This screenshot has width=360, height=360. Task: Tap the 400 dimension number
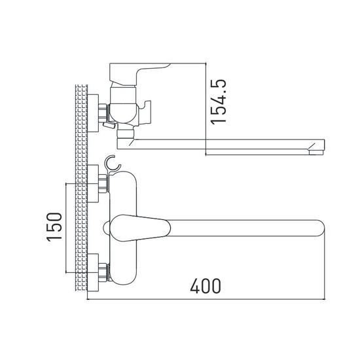[x=205, y=286]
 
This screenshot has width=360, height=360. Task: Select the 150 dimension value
[x=56, y=226]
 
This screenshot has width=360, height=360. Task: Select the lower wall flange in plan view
[x=94, y=270]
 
